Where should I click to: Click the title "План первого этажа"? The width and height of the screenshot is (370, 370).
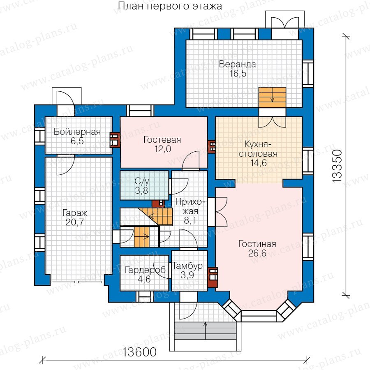tap(170, 6)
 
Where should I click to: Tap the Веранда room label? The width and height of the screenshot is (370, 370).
tap(237, 64)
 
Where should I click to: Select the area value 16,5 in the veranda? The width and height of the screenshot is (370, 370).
tap(238, 74)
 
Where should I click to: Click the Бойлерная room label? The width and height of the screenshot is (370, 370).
tap(77, 132)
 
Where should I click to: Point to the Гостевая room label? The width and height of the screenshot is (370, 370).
tap(162, 140)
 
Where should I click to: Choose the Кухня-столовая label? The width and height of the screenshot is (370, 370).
tap(258, 149)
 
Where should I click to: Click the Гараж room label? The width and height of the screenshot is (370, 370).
tap(75, 213)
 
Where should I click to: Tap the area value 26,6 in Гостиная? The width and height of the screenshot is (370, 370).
tap(257, 253)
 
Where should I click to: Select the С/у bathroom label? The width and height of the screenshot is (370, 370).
tap(142, 181)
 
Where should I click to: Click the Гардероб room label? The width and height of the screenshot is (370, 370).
tap(145, 270)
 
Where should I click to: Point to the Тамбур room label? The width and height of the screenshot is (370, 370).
tap(187, 266)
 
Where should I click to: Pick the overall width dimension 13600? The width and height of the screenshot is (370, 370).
tap(139, 352)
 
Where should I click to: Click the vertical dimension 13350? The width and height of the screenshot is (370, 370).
tap(337, 166)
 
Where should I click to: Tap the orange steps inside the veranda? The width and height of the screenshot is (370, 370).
tap(272, 98)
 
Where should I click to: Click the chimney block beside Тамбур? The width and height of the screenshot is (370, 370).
tap(213, 277)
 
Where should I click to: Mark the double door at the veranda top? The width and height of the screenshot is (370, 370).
tap(285, 26)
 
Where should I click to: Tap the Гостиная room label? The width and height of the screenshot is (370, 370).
tap(257, 244)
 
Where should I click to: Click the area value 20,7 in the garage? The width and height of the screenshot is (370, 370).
tap(75, 222)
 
